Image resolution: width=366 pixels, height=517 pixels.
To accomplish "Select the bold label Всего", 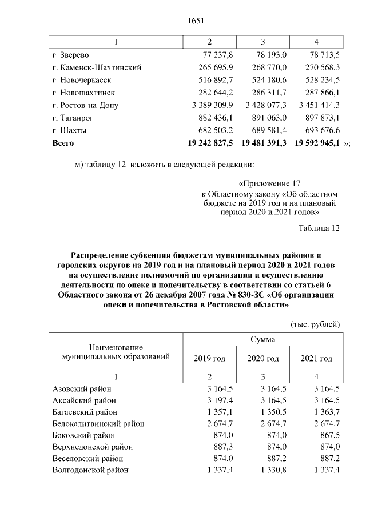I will [63, 142].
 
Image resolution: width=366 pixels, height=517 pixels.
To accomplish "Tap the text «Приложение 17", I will [269, 184].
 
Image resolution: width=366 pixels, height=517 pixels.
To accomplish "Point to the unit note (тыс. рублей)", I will [316, 324].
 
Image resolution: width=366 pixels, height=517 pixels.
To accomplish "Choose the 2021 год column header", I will [316, 359].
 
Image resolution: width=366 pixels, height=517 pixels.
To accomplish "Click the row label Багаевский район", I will [85, 412].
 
